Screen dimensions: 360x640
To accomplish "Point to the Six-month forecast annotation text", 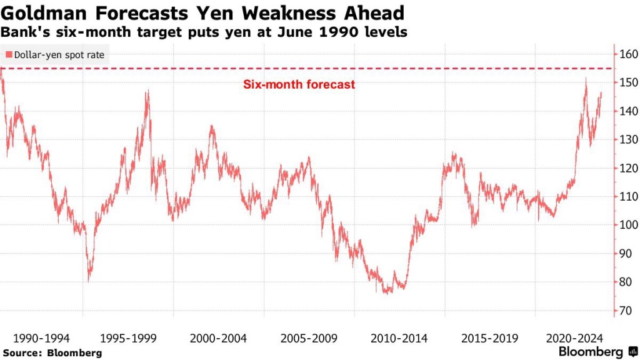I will click(299, 84).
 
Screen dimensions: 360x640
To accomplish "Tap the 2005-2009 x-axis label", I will click(309, 338).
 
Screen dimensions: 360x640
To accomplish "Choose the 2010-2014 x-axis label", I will click(399, 338).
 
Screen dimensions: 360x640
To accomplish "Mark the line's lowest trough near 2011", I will click(387, 293).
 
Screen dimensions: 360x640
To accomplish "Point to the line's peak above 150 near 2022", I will click(586, 78).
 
